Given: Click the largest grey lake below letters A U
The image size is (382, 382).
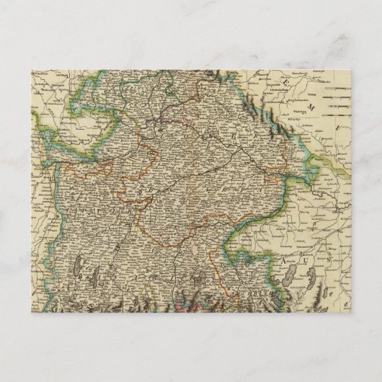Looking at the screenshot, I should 292,272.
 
